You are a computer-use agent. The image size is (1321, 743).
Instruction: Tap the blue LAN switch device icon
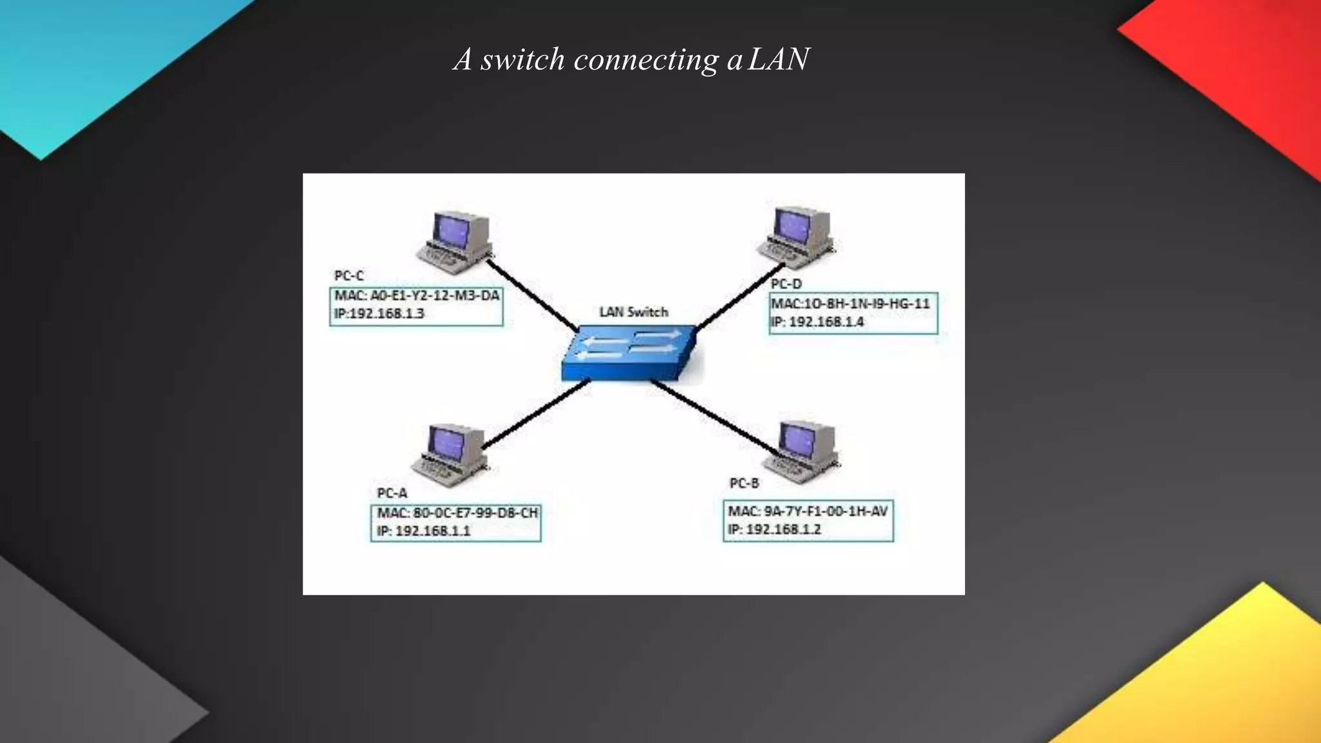[x=629, y=354]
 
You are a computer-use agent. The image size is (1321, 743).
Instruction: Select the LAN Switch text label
[x=633, y=312]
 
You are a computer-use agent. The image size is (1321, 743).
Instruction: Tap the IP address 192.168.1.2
[x=774, y=530]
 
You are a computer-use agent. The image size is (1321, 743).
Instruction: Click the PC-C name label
[x=349, y=276]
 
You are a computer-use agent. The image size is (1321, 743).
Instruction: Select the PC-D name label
[x=786, y=284]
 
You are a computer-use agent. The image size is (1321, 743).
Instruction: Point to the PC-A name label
[x=392, y=493]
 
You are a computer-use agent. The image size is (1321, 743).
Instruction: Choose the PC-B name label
[x=744, y=484]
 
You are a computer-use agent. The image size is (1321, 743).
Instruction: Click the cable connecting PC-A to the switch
[x=535, y=414]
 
